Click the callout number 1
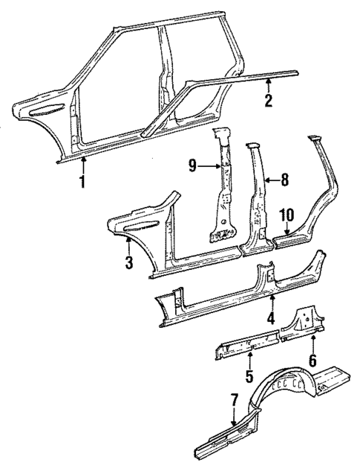83,180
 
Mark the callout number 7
234,401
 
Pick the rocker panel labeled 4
223,297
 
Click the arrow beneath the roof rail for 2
269,86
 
